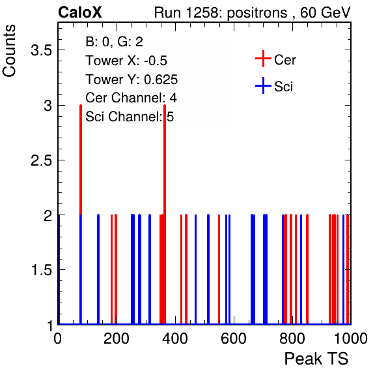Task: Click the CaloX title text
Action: tap(80, 12)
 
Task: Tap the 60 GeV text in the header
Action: tap(325, 12)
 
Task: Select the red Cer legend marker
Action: tap(263, 59)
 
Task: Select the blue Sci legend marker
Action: tap(263, 86)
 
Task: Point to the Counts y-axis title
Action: tap(9, 51)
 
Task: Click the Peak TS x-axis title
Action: tap(316, 359)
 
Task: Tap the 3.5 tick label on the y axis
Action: tap(41, 50)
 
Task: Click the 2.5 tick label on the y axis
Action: tap(41, 160)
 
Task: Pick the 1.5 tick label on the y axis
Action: tap(42, 270)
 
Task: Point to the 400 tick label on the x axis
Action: tap(175, 338)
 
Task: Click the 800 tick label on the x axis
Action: tap(292, 338)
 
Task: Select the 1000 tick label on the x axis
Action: tap(351, 338)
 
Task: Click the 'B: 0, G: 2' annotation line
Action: tap(114, 42)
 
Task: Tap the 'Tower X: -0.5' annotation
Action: tap(126, 61)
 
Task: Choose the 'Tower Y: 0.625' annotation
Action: tap(132, 80)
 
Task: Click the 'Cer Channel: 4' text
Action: tap(131, 98)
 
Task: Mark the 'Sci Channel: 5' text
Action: tap(130, 117)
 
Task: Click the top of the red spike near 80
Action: tap(81, 106)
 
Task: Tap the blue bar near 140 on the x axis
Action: tap(98, 269)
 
